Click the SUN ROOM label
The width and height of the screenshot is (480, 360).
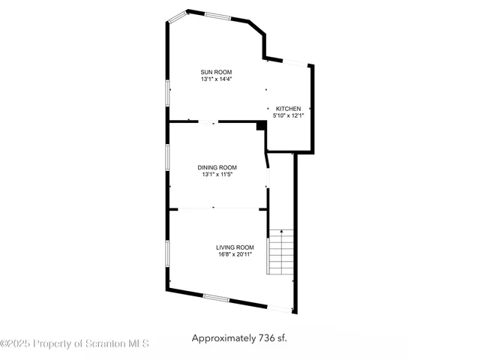coord(216,72)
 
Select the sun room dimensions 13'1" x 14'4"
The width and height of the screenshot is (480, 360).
coord(216,79)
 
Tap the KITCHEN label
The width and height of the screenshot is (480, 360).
coord(289,109)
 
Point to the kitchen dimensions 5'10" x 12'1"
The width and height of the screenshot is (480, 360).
coord(289,115)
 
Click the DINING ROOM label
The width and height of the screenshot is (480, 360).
coord(217,167)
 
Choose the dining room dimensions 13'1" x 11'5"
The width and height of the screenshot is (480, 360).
coord(217,174)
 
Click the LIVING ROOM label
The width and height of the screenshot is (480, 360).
coord(235,247)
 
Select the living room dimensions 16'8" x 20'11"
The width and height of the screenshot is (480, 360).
coord(235,254)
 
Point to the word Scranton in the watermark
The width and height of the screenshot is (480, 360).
coord(104,343)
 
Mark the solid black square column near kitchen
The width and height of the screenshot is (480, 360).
coord(260,126)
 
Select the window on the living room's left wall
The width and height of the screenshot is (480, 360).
coord(166,253)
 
